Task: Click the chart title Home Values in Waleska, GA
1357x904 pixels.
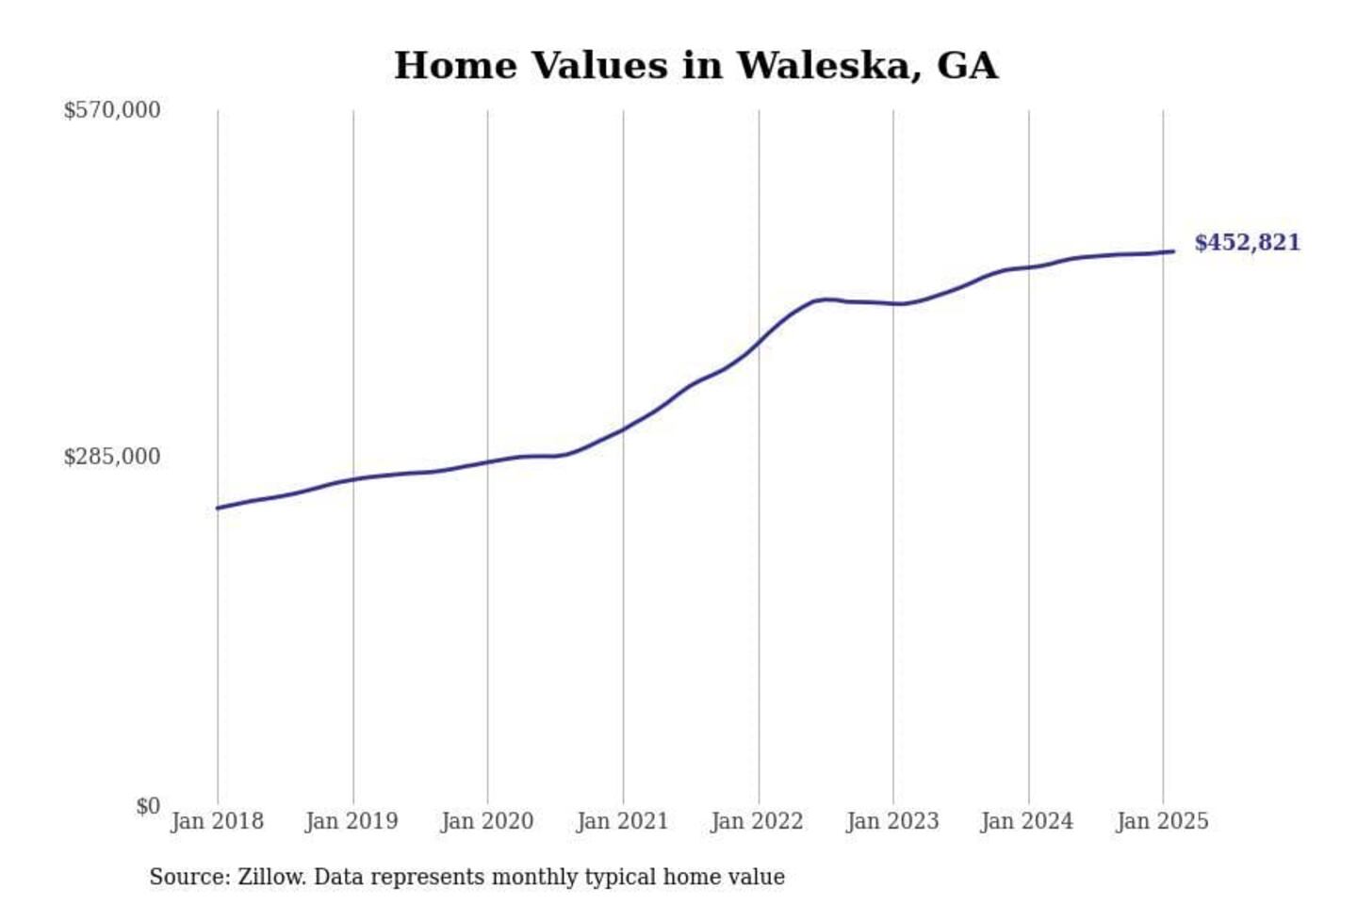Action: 695,66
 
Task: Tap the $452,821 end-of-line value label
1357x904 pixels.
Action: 1247,243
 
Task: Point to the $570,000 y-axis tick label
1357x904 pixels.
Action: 112,111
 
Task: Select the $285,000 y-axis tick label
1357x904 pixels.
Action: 112,457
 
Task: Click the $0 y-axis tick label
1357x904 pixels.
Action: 148,806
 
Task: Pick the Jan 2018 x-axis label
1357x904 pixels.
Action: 217,821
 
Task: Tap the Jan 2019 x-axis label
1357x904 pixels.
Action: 352,821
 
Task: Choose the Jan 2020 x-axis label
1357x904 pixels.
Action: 487,821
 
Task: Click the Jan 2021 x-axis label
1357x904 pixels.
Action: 622,821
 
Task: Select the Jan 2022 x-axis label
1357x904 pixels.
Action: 757,821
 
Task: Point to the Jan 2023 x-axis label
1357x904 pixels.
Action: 892,821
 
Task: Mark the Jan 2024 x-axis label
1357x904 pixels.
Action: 1027,821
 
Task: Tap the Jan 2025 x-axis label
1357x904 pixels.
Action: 1162,821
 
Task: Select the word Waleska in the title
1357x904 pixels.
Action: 824,66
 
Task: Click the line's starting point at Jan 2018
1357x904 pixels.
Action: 218,508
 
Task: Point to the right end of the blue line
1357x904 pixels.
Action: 1173,251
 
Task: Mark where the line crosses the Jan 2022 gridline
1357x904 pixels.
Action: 759,344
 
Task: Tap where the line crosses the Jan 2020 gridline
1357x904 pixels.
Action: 487,462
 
